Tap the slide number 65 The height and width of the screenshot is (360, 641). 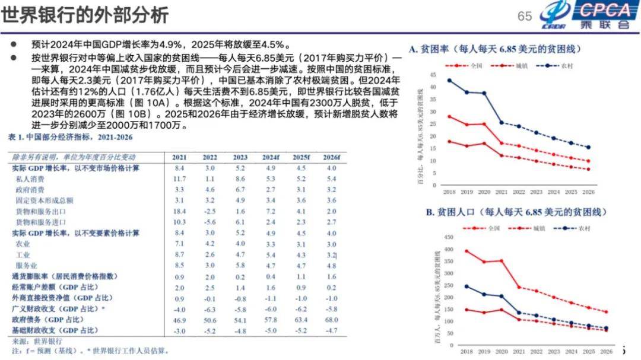coord(525,16)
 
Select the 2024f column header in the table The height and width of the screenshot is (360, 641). coord(271,157)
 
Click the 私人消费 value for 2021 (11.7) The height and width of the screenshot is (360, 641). coord(180,179)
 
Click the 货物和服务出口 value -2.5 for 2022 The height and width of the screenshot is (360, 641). coord(210,211)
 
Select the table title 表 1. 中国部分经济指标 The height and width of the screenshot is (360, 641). coord(70,137)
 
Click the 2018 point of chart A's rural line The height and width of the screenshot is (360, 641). coord(449,80)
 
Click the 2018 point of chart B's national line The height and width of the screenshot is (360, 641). coord(449,251)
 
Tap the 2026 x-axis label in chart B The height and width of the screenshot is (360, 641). coord(606,351)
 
